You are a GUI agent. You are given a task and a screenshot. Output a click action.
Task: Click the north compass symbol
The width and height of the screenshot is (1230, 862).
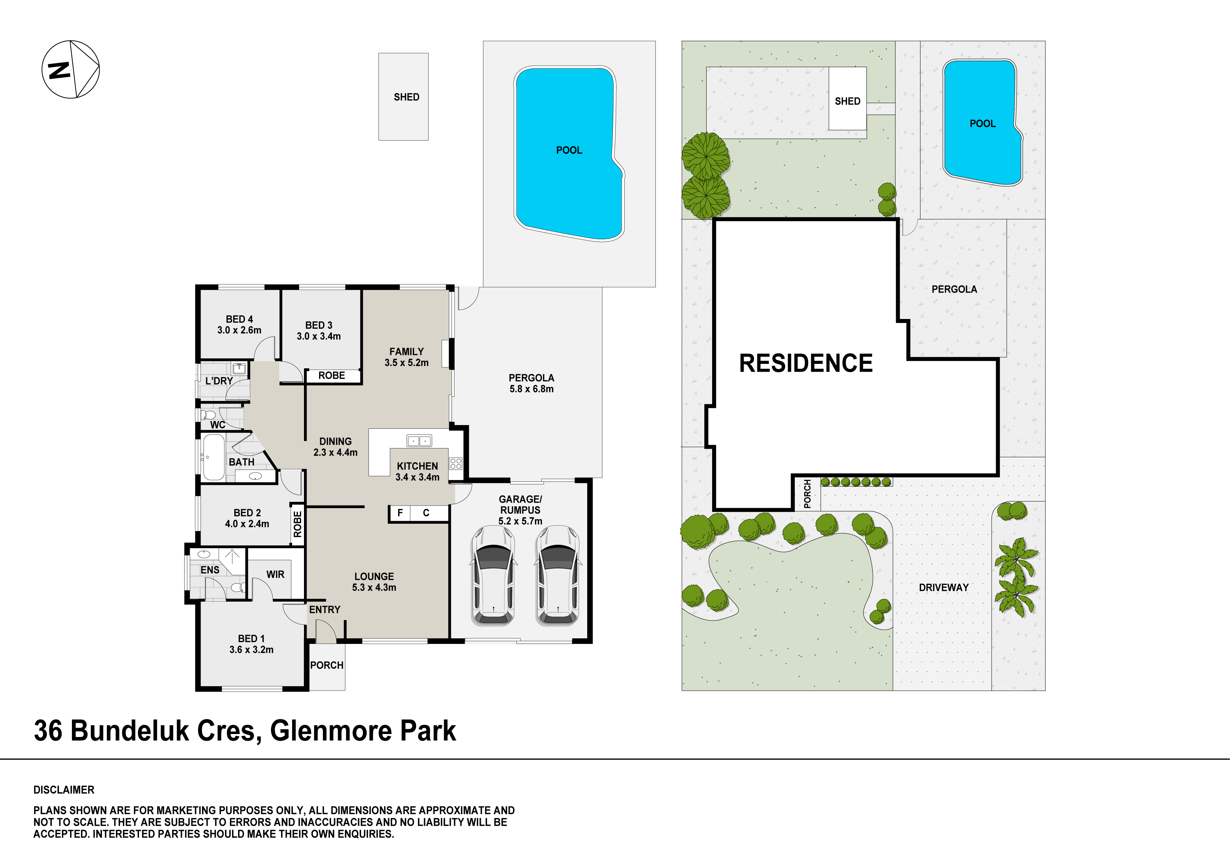pyautogui.click(x=71, y=69)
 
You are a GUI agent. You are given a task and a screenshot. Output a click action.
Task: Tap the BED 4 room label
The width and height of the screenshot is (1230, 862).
pyautogui.click(x=239, y=319)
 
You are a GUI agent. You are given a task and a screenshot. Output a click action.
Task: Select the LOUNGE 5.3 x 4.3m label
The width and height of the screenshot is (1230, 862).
pyautogui.click(x=374, y=582)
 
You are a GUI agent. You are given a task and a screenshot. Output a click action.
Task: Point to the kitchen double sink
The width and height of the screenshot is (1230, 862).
pyautogui.click(x=419, y=441)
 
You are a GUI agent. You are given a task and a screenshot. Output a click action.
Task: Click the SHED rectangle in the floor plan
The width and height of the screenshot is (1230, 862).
pyautogui.click(x=403, y=96)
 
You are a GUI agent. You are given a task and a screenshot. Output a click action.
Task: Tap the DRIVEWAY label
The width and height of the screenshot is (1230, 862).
pyautogui.click(x=944, y=588)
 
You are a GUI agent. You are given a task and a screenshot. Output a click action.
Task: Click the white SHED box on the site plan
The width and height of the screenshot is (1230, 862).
pyautogui.click(x=847, y=99)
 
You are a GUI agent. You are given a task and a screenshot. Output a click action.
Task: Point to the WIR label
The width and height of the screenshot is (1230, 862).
pyautogui.click(x=275, y=574)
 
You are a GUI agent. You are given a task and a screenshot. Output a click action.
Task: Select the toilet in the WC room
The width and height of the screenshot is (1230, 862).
pyautogui.click(x=208, y=415)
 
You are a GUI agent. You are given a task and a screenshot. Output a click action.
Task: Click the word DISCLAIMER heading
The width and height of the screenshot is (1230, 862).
pyautogui.click(x=64, y=790)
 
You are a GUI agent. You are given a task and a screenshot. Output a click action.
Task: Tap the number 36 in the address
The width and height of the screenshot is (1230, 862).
pyautogui.click(x=48, y=731)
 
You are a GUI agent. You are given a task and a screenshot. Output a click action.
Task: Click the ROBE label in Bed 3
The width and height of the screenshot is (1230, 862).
pyautogui.click(x=332, y=376)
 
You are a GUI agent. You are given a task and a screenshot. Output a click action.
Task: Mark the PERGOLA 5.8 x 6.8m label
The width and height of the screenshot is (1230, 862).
pyautogui.click(x=532, y=383)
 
